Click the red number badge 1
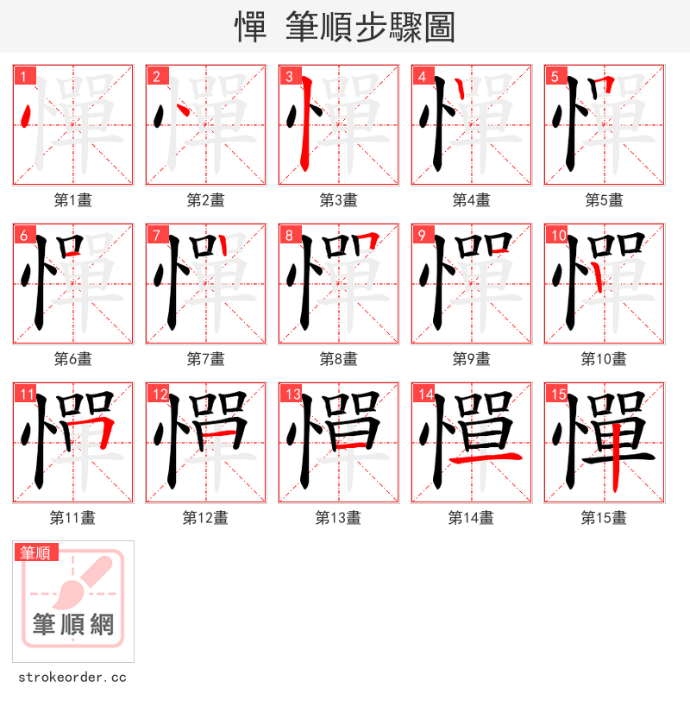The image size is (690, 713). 22,76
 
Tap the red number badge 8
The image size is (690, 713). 288,235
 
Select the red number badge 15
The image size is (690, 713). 555,394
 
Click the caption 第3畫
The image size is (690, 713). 338,200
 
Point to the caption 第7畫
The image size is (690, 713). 205,359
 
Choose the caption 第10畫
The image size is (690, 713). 604,359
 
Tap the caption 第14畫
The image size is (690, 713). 471,518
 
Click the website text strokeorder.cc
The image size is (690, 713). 72,678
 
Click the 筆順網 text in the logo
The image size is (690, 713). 73,623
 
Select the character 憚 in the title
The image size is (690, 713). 251,27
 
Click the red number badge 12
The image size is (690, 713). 157,394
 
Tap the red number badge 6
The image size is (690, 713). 22,235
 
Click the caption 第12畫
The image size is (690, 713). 205,518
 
